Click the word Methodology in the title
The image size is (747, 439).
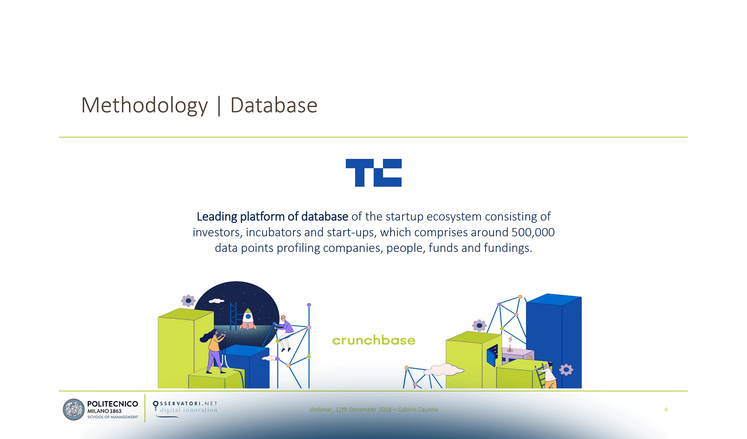145,106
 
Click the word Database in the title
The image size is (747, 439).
274,105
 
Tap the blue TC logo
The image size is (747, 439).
373,173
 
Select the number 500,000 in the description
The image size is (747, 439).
533,232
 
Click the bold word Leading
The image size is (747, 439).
217,217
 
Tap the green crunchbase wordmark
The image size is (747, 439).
374,340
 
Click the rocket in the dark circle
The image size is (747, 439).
248,319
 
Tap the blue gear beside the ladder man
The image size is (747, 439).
566,370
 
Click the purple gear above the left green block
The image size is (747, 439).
188,301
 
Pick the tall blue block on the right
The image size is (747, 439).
554,340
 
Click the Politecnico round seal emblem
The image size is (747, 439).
74,409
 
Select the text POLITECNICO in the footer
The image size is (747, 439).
112,404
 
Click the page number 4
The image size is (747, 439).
666,409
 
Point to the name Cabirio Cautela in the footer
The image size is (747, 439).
418,409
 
